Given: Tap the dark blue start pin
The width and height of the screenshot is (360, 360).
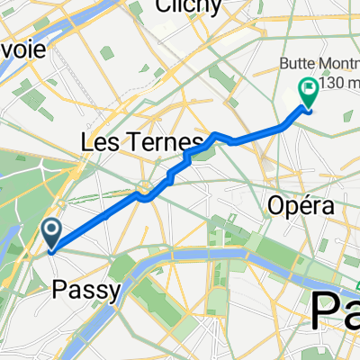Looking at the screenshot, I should point(52,235).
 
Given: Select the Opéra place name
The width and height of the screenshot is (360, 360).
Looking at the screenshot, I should point(301,206).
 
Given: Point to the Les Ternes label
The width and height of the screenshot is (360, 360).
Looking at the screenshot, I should point(154,143).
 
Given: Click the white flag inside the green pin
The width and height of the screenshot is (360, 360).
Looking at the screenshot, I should point(308,88).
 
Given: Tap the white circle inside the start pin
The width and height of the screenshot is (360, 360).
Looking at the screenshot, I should point(52,231).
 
